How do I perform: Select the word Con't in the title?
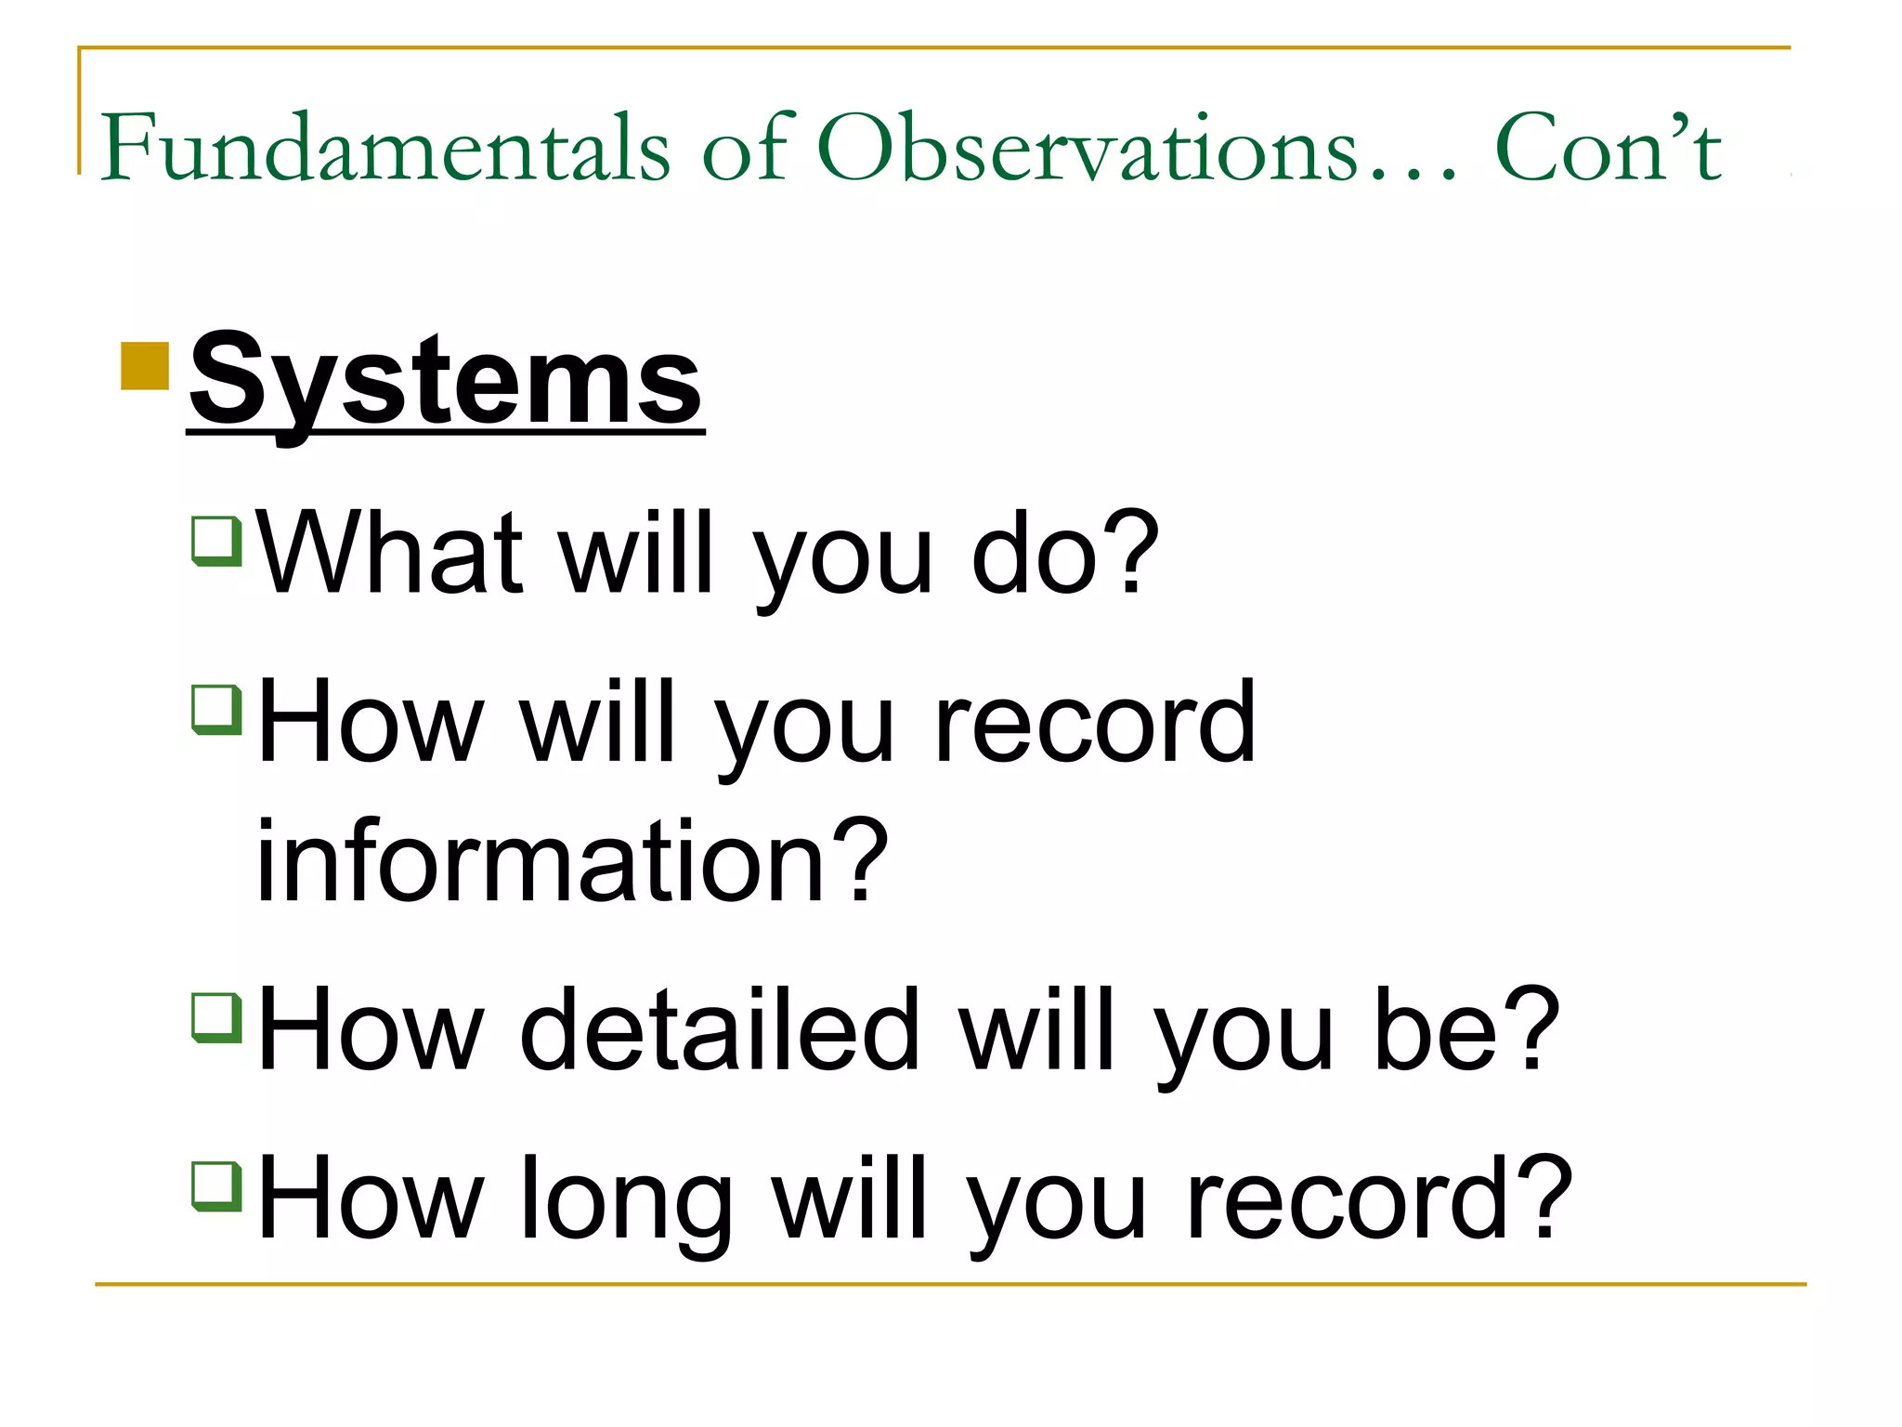[1608, 149]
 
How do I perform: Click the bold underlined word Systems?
[446, 381]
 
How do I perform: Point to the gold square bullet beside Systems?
[145, 366]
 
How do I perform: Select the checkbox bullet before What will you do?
[216, 540]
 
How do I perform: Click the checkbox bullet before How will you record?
[216, 709]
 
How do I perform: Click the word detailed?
[720, 1029]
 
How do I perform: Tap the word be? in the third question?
[1466, 1029]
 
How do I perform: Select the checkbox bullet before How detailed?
[216, 1017]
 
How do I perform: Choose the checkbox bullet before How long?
[216, 1186]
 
